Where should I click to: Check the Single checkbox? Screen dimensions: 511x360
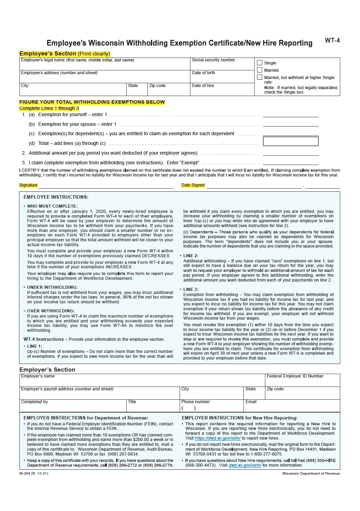point(259,63)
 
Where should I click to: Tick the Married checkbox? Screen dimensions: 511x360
point(259,70)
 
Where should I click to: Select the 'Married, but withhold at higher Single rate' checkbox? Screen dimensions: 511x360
point(259,77)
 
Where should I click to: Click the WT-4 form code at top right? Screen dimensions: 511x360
point(332,41)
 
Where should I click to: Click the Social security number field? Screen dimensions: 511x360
point(222,66)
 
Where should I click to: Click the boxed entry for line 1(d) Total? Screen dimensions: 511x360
point(291,141)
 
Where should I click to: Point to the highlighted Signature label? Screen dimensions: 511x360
point(28,185)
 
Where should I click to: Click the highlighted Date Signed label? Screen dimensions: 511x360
point(193,185)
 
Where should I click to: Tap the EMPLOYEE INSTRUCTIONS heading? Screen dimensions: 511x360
point(56,197)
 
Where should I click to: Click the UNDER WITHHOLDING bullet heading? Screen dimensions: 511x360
point(52,287)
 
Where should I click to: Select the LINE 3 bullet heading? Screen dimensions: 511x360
point(191,289)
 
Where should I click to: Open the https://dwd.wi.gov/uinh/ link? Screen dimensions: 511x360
point(217,438)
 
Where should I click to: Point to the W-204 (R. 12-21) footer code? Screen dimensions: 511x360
point(34,474)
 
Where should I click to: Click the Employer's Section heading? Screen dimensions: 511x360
point(47,370)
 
